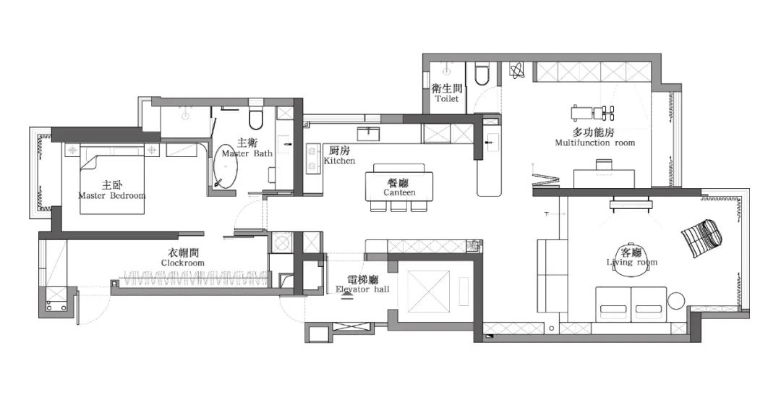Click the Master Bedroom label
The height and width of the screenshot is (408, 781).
click(111, 190)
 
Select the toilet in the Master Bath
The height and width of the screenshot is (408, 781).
click(254, 119)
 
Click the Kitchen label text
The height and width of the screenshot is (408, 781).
click(338, 156)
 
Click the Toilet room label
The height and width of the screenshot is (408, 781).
click(447, 93)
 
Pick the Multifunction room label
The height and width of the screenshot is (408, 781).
click(594, 137)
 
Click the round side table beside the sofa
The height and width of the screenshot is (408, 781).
click(677, 302)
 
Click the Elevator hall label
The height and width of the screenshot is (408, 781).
click(362, 284)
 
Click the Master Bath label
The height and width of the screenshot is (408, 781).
click(247, 148)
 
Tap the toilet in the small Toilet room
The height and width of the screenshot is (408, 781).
click(482, 75)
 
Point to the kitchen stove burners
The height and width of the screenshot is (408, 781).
click(314, 160)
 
